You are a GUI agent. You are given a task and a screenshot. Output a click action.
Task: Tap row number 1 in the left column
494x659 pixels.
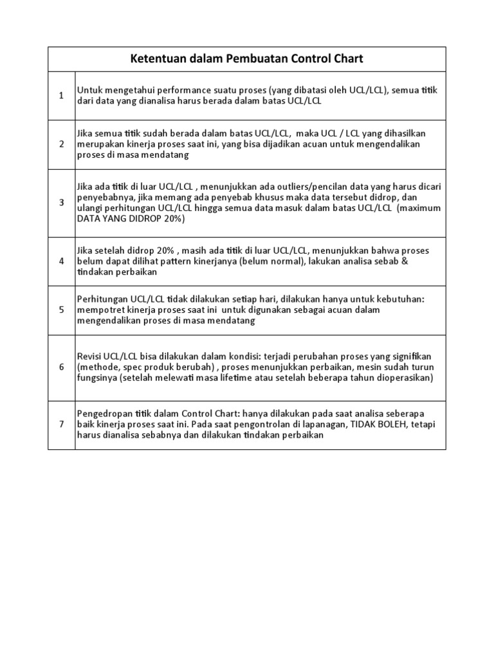62,96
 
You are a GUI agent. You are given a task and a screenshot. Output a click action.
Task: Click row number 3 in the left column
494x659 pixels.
62,203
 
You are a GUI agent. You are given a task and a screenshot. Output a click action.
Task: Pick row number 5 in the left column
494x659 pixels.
62,310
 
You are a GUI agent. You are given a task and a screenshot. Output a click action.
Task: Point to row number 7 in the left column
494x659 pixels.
62,424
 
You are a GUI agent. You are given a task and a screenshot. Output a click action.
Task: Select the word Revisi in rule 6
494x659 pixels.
89,356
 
